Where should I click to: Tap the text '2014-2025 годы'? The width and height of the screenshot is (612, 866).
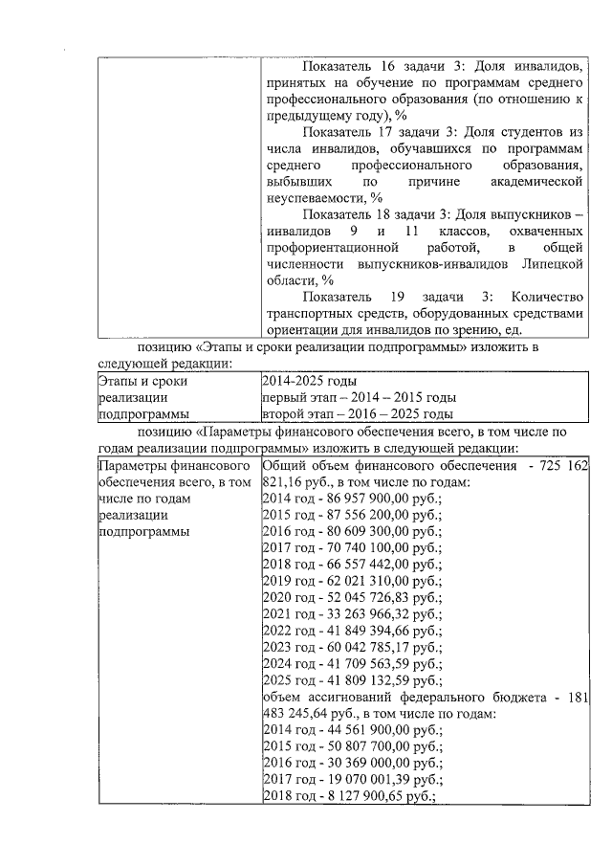click(302, 382)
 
